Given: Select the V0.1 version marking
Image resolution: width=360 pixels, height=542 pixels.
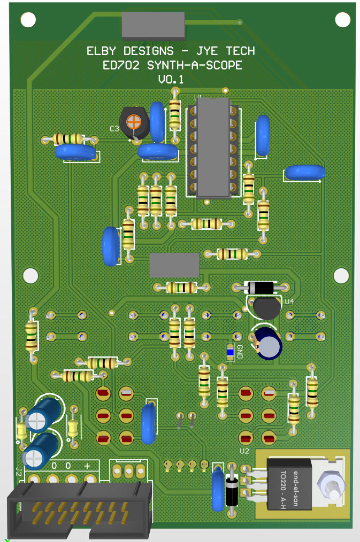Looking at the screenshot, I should click(171, 80).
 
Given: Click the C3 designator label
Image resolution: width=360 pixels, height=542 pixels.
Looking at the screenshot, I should click(114, 129).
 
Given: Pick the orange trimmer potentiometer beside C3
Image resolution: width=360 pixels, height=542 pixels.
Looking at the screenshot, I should click(133, 121).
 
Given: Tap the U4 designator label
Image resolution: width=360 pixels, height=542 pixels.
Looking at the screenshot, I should click(289, 301).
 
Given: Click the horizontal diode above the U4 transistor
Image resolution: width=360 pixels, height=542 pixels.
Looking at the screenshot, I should click(261, 288).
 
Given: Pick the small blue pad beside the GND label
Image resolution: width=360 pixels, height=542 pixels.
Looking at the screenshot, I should click(231, 351).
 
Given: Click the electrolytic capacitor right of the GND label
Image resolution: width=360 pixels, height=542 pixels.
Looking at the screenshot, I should click(269, 343).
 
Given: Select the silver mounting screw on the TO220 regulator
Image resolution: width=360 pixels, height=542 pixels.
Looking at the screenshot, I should click(330, 486).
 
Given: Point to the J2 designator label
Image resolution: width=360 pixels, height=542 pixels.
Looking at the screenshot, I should click(18, 471).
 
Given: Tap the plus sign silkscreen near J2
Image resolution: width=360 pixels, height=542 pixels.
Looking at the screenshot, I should click(87, 465).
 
